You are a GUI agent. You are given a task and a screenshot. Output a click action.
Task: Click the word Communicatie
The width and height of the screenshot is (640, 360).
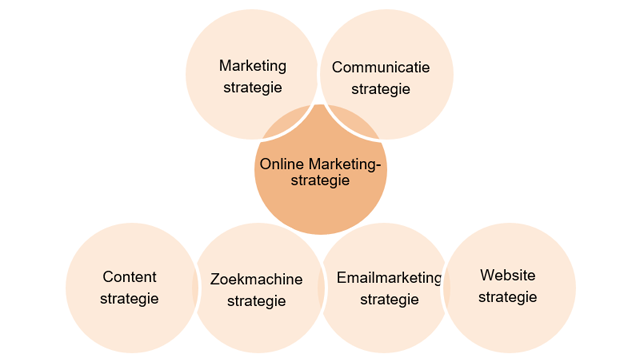click(381, 68)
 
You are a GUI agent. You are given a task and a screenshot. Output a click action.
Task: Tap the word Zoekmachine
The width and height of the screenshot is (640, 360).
click(257, 279)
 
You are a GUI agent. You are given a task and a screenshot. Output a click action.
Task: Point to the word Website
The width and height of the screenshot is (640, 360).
click(508, 275)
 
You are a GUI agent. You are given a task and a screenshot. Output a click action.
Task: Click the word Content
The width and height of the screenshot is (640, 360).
click(130, 277)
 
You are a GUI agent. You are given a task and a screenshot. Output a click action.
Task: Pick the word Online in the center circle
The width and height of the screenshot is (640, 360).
click(281, 164)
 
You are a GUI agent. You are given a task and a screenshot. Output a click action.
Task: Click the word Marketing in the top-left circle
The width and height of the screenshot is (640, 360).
click(253, 66)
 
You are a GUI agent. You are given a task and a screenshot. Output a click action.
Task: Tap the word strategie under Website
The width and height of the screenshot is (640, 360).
click(508, 297)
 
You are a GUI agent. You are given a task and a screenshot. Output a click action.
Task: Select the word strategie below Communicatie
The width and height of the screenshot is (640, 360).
click(381, 89)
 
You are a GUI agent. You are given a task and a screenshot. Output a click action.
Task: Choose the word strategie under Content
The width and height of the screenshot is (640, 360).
click(130, 298)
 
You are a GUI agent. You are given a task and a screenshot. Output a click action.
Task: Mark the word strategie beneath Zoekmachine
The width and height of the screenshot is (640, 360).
click(257, 300)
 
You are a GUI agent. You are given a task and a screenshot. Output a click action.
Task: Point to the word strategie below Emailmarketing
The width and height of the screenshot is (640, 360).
click(389, 299)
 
